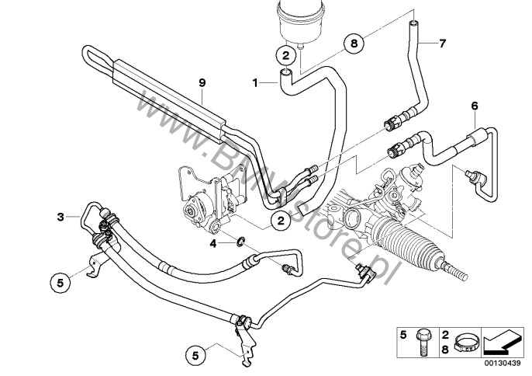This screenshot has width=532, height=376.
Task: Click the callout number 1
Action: tap(254, 81)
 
